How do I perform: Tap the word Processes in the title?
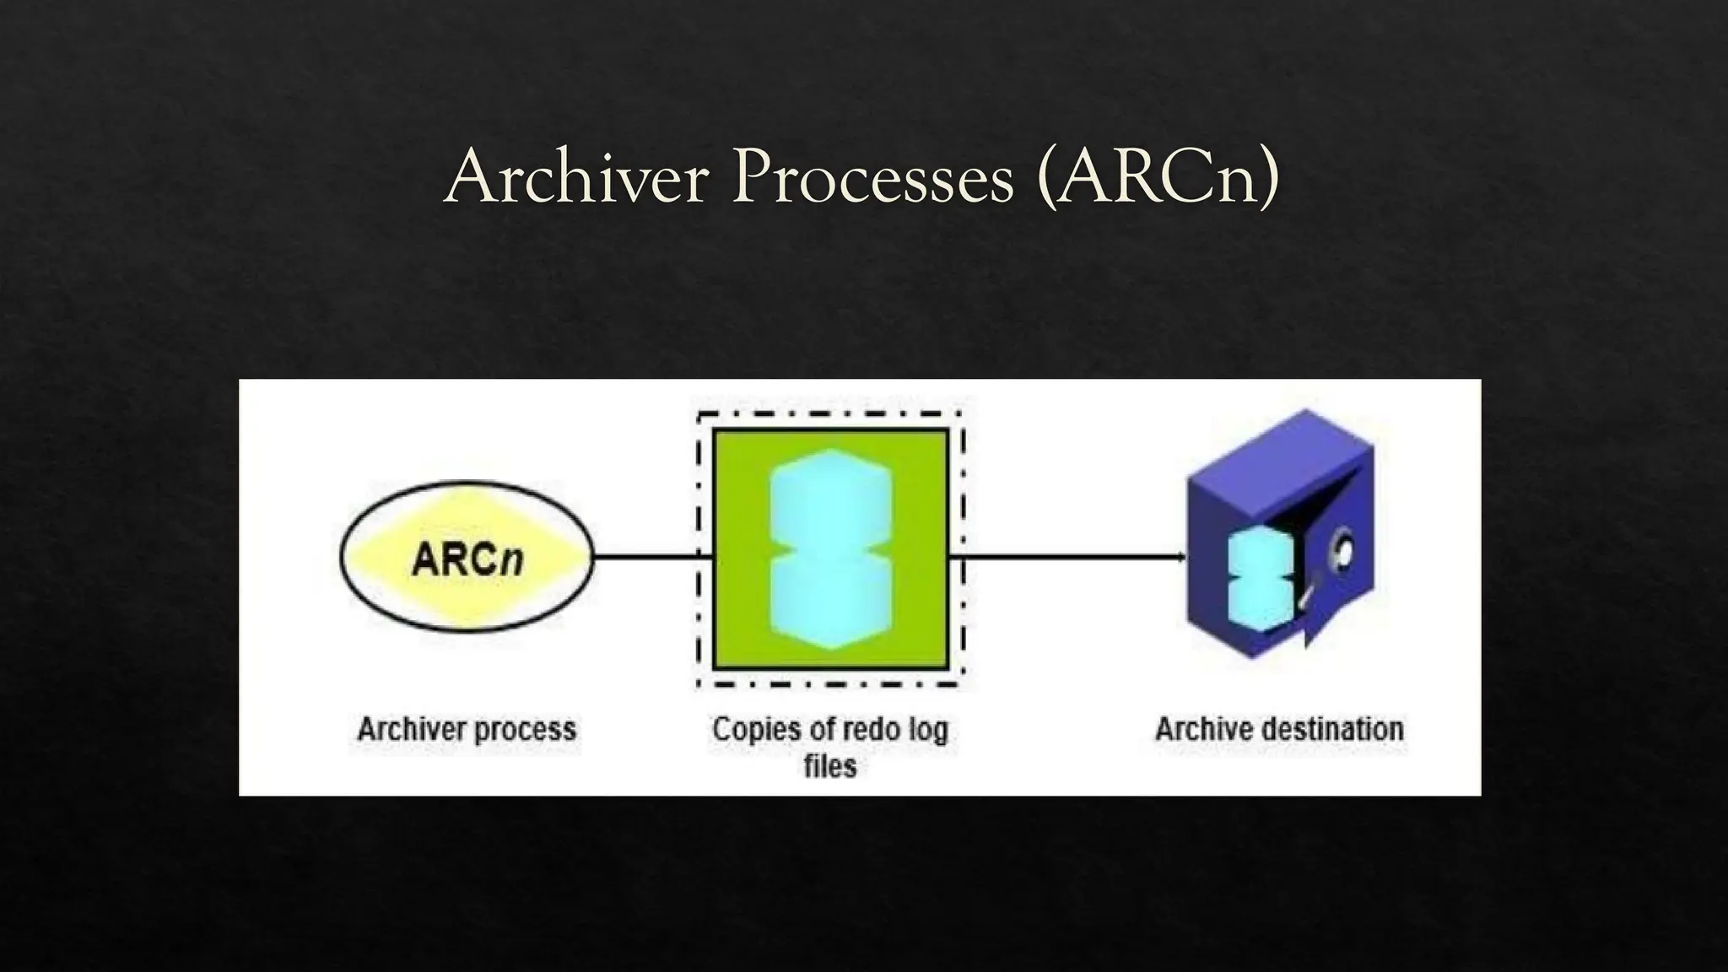[872, 177]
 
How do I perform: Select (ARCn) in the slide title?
[1158, 177]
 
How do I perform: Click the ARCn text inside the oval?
[467, 559]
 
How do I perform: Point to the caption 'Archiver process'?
[467, 729]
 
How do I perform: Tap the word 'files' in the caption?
[830, 766]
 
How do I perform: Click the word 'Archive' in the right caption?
[1196, 729]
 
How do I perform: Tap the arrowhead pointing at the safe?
[1180, 557]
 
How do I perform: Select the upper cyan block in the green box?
[831, 503]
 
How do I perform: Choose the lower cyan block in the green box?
[831, 602]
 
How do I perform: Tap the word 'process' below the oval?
[523, 730]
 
